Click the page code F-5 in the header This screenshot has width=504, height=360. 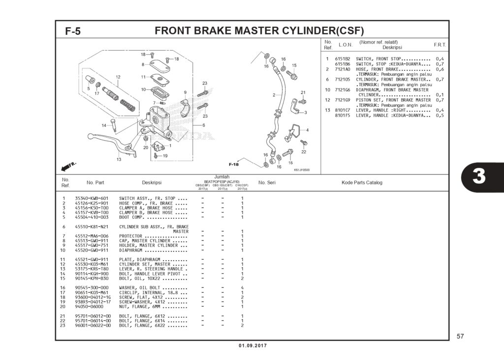(73, 31)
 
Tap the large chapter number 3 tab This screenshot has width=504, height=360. (478, 177)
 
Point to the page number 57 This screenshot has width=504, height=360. (460, 336)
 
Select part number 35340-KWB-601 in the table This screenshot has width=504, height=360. (92, 198)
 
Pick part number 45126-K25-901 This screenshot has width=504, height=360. (92, 203)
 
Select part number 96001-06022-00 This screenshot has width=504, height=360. (93, 326)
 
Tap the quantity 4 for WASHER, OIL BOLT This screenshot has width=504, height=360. (242, 287)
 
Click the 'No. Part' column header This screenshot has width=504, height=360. (95, 182)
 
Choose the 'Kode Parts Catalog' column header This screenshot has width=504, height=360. (362, 182)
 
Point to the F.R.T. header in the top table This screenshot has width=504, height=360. (440, 45)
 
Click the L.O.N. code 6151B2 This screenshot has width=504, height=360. (343, 59)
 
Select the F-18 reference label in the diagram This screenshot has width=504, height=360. (233, 164)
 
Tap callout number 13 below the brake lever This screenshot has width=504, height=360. (119, 159)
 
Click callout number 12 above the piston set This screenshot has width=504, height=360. (118, 77)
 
